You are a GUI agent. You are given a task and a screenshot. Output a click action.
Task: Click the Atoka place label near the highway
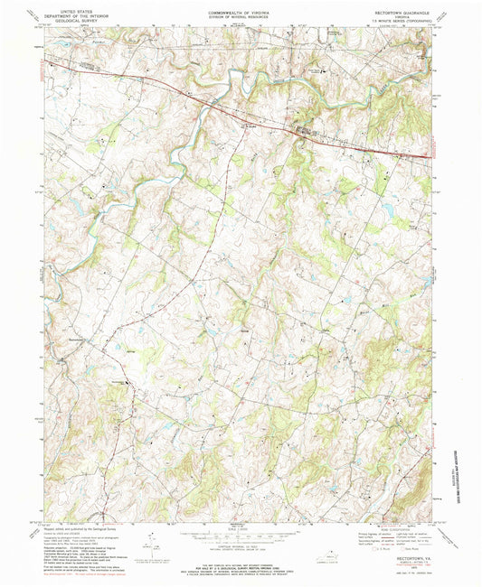(x=250, y=126)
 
